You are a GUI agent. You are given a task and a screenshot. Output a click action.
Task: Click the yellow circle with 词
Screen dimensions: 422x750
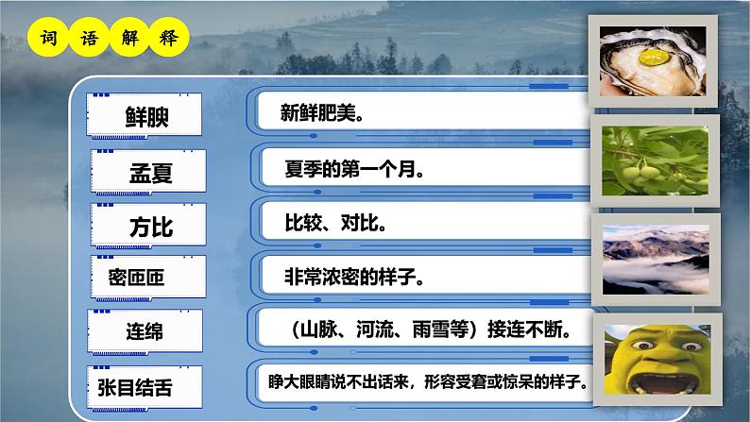pos(47,39)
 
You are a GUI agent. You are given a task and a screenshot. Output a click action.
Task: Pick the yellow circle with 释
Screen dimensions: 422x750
pos(173,39)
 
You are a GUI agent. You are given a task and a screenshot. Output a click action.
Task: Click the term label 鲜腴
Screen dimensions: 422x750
pos(149,116)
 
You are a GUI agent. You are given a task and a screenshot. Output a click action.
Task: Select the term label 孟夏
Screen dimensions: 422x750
pos(151,174)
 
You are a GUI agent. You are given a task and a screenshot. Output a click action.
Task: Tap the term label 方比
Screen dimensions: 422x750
pos(151,227)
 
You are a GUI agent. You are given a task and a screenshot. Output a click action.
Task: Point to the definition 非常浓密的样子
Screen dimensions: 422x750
pos(353,278)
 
